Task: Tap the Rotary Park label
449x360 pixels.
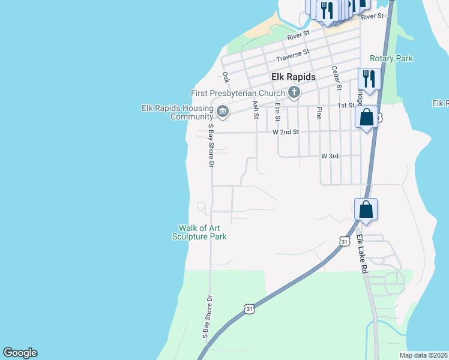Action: click(x=391, y=58)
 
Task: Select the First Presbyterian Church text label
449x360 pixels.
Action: click(x=238, y=93)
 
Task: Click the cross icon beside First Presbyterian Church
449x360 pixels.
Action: click(x=294, y=92)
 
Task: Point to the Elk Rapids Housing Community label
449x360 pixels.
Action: click(x=177, y=112)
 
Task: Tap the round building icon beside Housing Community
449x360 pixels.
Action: click(x=222, y=112)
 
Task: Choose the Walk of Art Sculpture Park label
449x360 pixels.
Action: click(x=202, y=232)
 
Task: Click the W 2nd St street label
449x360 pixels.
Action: click(x=286, y=131)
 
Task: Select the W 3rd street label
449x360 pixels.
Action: click(x=330, y=156)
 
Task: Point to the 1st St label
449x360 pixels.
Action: click(x=346, y=106)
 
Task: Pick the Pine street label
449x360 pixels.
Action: click(x=319, y=113)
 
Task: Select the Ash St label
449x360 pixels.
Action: click(x=256, y=109)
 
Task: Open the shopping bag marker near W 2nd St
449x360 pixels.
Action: click(x=366, y=116)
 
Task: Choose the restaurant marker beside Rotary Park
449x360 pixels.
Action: click(x=368, y=79)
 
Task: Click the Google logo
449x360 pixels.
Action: click(x=20, y=353)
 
